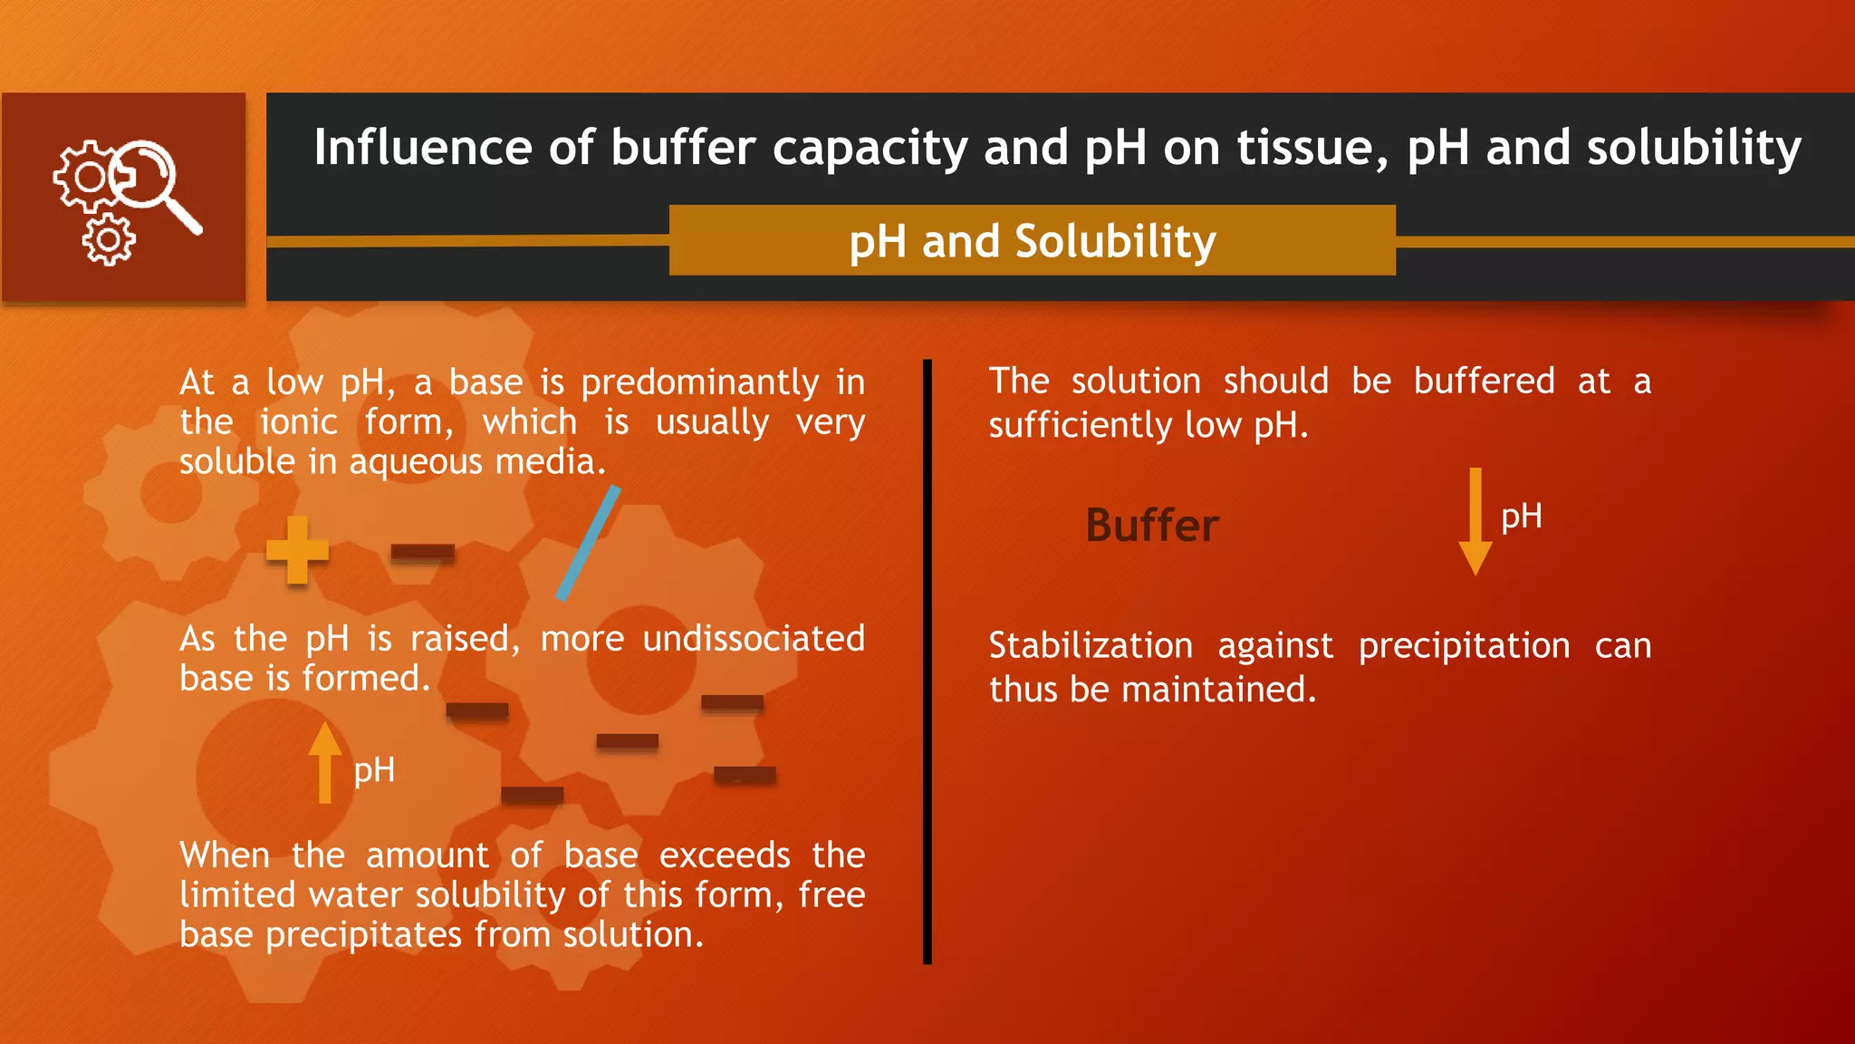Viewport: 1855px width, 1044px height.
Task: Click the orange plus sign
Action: [297, 550]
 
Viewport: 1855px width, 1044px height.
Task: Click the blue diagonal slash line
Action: [589, 543]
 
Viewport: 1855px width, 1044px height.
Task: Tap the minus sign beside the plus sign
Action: [422, 552]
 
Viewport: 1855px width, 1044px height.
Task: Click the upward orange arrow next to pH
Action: [324, 763]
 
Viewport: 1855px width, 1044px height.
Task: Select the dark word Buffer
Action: [1152, 526]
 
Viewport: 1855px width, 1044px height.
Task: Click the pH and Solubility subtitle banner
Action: [1032, 241]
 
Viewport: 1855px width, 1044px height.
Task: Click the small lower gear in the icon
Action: [109, 240]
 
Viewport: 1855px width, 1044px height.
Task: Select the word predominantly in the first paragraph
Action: [700, 382]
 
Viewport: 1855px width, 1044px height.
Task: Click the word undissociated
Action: [754, 639]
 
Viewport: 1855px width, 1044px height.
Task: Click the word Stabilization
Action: [1091, 646]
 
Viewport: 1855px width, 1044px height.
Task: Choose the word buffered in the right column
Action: [1484, 382]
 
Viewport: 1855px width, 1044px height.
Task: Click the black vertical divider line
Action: [927, 662]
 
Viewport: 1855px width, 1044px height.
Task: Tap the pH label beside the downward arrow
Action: [1521, 517]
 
